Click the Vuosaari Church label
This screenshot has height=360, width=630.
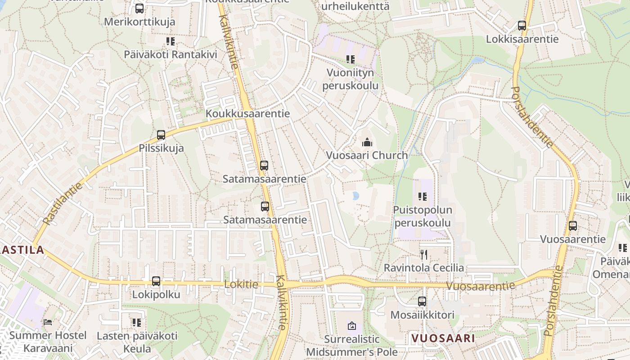pyautogui.click(x=367, y=155)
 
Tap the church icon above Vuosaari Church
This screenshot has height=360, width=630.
pyautogui.click(x=367, y=143)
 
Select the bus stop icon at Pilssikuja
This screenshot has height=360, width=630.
pyautogui.click(x=161, y=135)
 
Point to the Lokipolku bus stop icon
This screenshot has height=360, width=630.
pyautogui.click(x=156, y=281)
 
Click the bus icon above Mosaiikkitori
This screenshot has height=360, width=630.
pyautogui.click(x=422, y=301)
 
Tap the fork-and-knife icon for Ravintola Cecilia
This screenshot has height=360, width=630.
pyautogui.click(x=423, y=255)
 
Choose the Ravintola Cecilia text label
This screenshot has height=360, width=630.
pyautogui.click(x=423, y=268)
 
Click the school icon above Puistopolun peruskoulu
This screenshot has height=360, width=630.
pyautogui.click(x=422, y=196)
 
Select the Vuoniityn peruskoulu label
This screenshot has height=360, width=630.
pyautogui.click(x=351, y=79)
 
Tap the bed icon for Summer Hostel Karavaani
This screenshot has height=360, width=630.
pyautogui.click(x=48, y=322)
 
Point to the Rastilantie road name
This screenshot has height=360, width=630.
pyautogui.click(x=63, y=203)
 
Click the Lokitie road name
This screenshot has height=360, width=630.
pyautogui.click(x=241, y=284)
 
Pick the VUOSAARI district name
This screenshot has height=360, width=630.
pyautogui.click(x=443, y=338)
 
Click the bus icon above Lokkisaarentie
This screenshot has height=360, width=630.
pyautogui.click(x=522, y=26)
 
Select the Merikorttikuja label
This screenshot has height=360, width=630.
pyautogui.click(x=139, y=22)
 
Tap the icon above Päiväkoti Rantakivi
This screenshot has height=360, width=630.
pyautogui.click(x=171, y=41)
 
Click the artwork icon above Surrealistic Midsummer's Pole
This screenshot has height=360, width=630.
pyautogui.click(x=352, y=325)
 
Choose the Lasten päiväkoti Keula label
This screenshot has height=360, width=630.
pyautogui.click(x=137, y=342)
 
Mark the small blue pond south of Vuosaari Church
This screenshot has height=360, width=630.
pyautogui.click(x=356, y=196)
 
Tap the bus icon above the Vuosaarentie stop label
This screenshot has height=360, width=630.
pyautogui.click(x=573, y=225)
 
